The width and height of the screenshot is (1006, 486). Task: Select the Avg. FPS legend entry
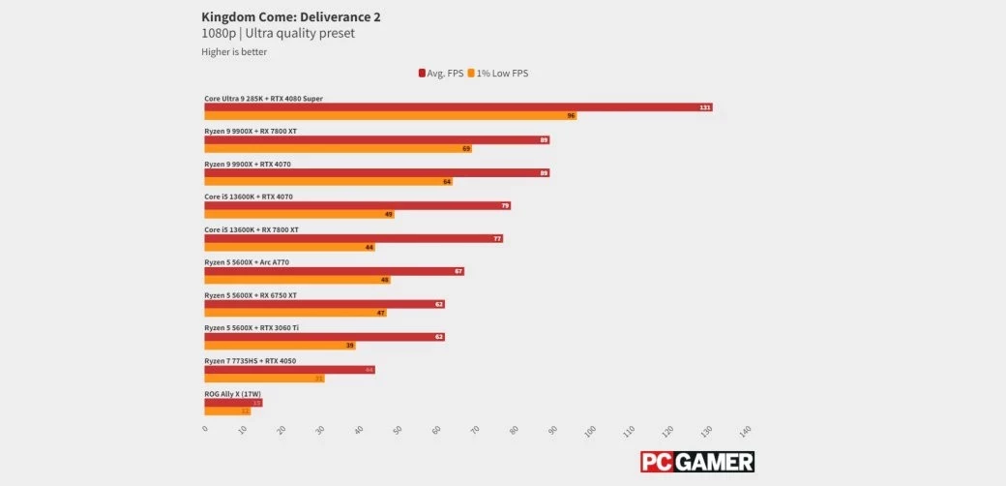(440, 73)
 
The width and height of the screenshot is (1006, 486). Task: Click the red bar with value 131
(459, 106)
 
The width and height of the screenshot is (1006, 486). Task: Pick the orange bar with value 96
(391, 115)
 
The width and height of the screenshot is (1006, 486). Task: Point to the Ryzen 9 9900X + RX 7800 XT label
(251, 131)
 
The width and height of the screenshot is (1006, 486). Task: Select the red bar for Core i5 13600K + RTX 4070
(357, 205)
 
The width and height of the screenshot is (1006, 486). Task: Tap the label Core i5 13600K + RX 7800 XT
(251, 229)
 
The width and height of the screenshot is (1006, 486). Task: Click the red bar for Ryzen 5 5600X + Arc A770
(334, 271)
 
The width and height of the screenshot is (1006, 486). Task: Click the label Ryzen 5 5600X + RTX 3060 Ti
(251, 328)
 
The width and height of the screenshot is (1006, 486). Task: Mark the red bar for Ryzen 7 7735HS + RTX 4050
(289, 370)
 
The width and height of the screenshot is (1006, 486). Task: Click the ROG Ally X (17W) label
(230, 394)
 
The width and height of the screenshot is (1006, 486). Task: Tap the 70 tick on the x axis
(474, 430)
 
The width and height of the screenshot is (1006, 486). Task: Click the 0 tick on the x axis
(205, 428)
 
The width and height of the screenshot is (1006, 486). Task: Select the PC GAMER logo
(697, 462)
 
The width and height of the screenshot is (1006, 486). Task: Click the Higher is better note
(234, 52)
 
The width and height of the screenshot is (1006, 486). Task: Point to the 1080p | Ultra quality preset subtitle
(278, 34)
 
